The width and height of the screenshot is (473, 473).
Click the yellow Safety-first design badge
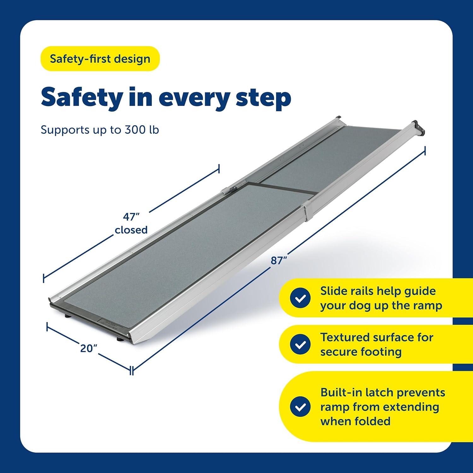tap(100, 59)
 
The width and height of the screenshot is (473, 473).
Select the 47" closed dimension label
tap(131, 223)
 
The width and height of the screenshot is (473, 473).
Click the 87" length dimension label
tap(279, 261)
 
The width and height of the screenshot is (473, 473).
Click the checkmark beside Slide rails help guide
tap(300, 298)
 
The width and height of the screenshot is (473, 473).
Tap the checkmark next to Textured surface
tap(300, 344)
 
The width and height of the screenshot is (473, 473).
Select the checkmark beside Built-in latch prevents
tap(300, 406)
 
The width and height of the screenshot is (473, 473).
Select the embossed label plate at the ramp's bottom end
tap(114, 326)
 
